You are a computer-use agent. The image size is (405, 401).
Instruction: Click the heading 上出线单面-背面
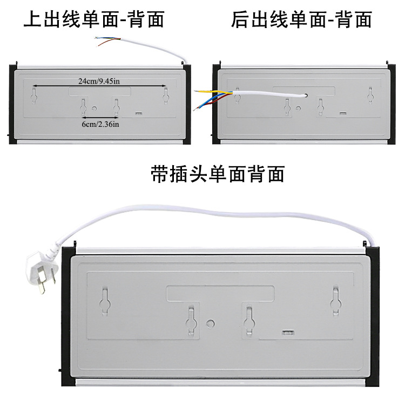[93, 19]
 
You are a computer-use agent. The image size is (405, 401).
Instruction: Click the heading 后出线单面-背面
[301, 19]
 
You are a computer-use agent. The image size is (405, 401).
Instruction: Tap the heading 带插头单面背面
[217, 174]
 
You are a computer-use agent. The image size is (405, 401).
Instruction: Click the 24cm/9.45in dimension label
[99, 81]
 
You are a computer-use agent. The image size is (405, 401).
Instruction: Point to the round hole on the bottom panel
[211, 322]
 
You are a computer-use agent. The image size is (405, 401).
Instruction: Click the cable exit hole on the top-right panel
[306, 95]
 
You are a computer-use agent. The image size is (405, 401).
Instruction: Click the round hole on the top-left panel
[95, 107]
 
